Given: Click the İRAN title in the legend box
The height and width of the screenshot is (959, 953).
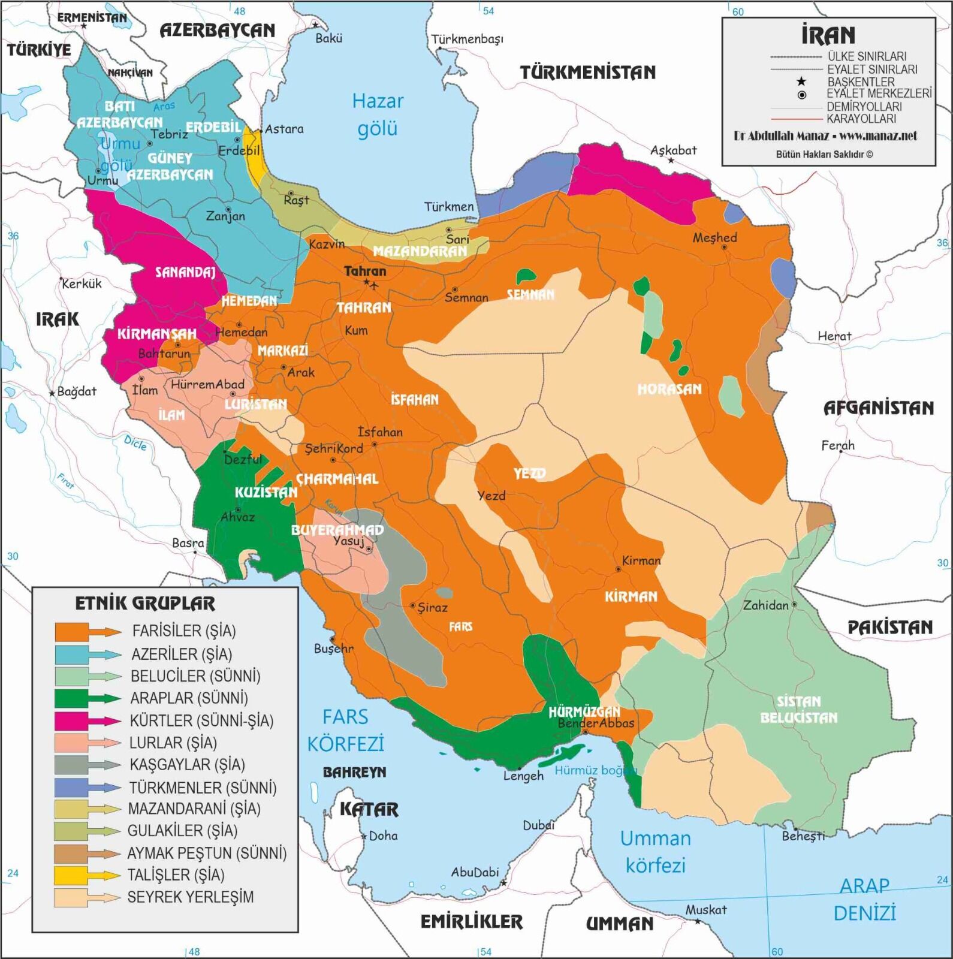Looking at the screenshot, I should coord(828,35).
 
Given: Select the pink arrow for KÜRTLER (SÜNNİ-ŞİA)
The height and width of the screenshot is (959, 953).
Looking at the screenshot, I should coord(88,720).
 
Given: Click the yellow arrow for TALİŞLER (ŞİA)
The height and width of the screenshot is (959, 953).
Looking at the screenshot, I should coord(88,875).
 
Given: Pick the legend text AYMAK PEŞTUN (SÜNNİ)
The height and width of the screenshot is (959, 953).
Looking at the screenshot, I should coord(207,853).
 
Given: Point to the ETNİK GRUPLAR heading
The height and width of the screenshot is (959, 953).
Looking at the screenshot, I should coord(145,603).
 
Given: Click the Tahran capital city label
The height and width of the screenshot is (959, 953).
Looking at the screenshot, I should coord(365,272).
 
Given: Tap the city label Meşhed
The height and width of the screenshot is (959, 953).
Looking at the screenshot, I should coord(714,238).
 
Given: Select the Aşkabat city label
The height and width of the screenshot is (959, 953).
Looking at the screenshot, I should coord(674,150).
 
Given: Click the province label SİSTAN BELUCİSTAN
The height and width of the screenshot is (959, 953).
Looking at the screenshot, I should coord(799,710).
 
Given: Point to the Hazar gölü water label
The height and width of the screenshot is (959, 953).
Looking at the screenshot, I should coord(378,114).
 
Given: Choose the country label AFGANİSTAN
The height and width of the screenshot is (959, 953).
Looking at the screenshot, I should coord(878,408).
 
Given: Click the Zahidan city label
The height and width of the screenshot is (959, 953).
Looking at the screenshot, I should coord(765,605).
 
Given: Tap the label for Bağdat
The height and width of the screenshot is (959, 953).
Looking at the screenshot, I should coord(76,392).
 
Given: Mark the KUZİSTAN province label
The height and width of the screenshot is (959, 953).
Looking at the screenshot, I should coord(266,493).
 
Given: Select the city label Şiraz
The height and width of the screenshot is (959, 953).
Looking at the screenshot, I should coord(432,608).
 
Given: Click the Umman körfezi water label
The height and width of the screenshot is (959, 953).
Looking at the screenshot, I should coord(655,851).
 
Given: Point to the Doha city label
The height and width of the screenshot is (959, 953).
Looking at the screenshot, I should coord(382,836).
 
